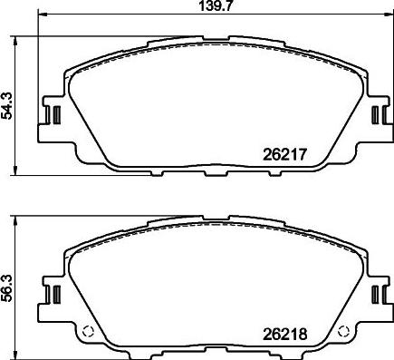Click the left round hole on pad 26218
[x=88, y=330]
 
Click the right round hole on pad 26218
[x=341, y=330]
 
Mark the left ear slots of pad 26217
[x=53, y=116]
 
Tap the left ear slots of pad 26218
[x=53, y=294]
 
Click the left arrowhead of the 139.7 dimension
[x=43, y=18]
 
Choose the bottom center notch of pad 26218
[x=215, y=352]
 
